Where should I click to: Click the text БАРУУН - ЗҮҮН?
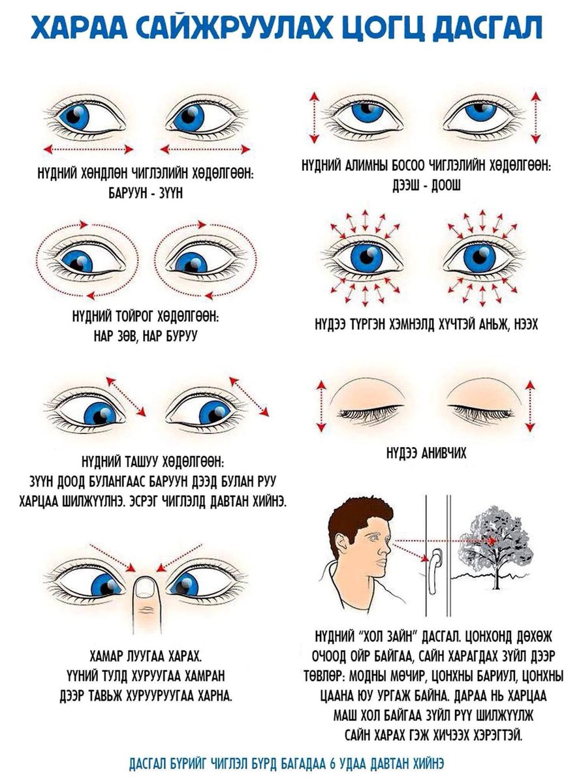click(146, 193)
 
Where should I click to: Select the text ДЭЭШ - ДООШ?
click(426, 185)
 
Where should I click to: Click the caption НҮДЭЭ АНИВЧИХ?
click(426, 453)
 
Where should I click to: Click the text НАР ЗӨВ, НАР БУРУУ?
click(145, 336)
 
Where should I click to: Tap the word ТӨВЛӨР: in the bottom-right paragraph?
click(326, 677)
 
